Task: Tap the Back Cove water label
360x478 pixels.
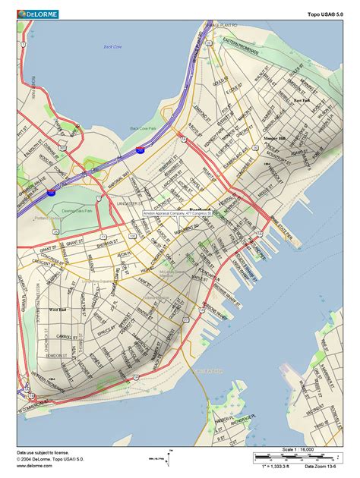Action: click(112, 47)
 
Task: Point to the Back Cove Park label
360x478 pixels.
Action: click(144, 127)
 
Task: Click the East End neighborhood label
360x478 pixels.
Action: click(302, 100)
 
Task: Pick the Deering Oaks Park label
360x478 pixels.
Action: click(77, 211)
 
